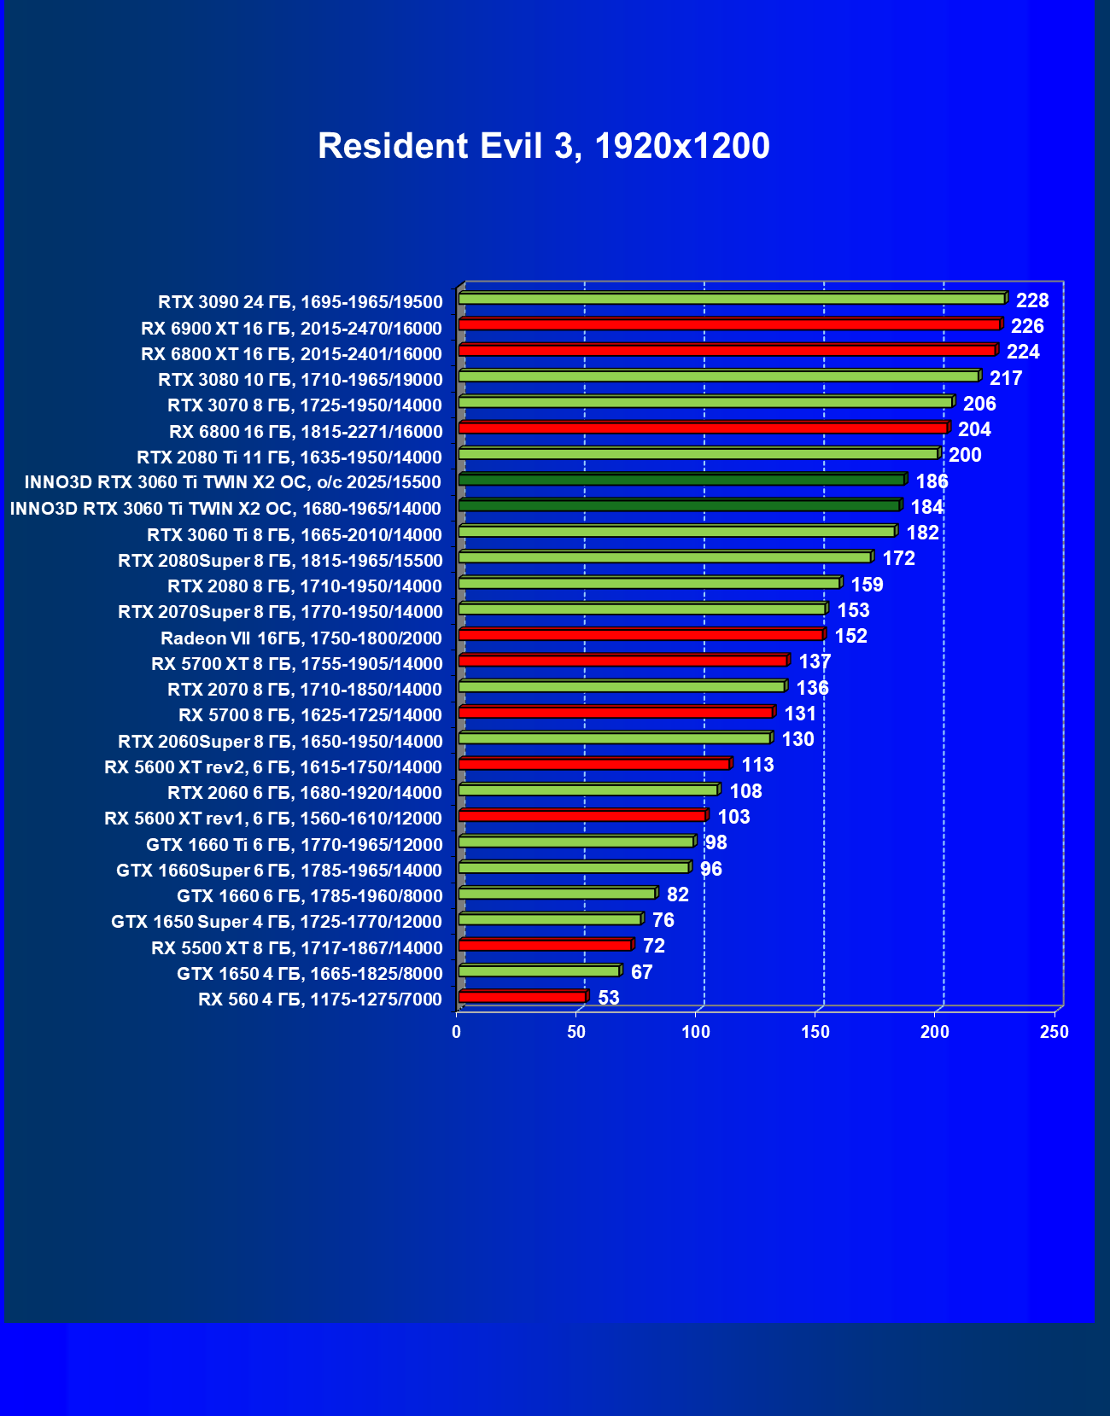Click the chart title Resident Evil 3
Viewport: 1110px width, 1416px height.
(544, 146)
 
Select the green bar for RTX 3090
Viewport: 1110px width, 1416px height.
(732, 299)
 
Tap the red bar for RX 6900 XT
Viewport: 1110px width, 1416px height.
(729, 324)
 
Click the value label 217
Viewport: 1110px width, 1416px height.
(1006, 378)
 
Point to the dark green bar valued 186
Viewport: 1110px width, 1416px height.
(681, 480)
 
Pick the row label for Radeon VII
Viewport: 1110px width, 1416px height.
(301, 638)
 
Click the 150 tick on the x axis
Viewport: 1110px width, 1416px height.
(815, 1032)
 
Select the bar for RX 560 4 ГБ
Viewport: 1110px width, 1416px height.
(523, 996)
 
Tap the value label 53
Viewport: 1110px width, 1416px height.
(609, 998)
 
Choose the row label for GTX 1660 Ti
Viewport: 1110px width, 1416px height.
(295, 845)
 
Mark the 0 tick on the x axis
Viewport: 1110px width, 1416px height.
(457, 1032)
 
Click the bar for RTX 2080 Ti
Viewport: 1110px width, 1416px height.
(698, 453)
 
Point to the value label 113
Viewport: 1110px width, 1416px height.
(758, 765)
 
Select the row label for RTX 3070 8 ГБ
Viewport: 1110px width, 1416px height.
(305, 405)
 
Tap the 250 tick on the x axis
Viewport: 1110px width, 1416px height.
(1054, 1032)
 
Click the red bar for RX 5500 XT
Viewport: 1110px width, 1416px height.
(545, 945)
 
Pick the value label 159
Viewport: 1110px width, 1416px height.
(868, 585)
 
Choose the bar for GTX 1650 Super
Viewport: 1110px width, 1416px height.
(550, 919)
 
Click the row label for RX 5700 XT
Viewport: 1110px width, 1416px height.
(297, 664)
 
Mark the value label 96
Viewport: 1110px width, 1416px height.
(711, 869)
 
